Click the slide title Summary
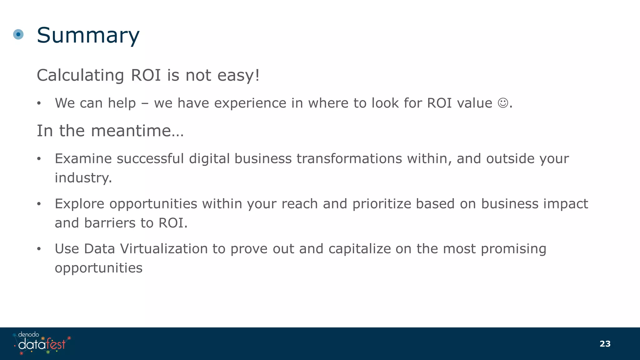[x=88, y=35]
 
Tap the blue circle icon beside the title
[x=18, y=34]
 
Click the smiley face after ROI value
[x=503, y=103]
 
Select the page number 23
[x=605, y=344]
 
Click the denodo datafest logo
[x=42, y=343]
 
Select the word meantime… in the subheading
[x=137, y=131]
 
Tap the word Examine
[x=83, y=158]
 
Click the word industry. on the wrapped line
[x=83, y=178]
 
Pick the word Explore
[x=79, y=204]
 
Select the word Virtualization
[x=164, y=249]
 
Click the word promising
[x=513, y=249]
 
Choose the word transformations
[x=349, y=158]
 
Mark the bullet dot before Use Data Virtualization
[x=39, y=249]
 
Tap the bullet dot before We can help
[x=39, y=103]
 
